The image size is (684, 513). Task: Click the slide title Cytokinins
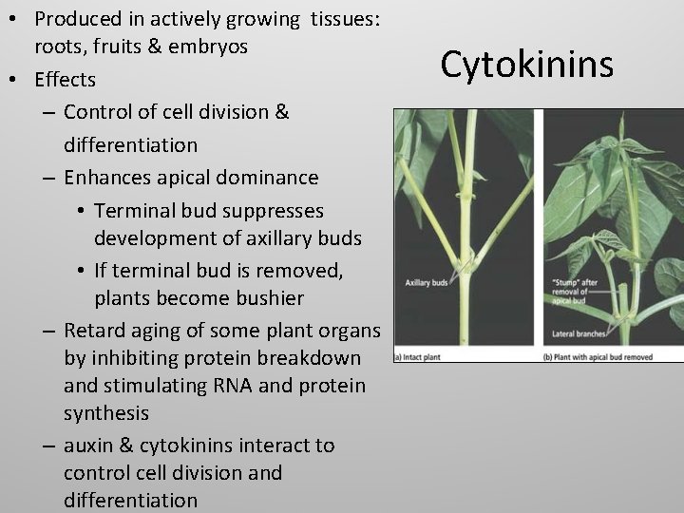[x=527, y=64]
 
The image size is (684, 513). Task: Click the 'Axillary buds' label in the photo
[x=427, y=283]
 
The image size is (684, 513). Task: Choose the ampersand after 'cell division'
[x=281, y=112]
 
